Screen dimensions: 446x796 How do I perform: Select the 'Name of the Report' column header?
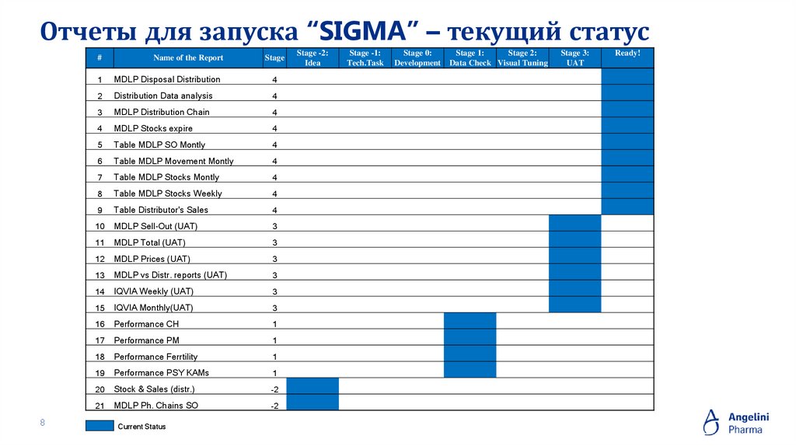(x=188, y=57)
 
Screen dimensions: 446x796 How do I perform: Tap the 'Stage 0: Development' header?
(x=417, y=58)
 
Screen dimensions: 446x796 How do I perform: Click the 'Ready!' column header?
(x=627, y=54)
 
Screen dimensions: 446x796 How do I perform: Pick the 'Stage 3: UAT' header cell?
(x=574, y=58)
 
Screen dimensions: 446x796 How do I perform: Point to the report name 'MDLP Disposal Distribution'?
(x=167, y=79)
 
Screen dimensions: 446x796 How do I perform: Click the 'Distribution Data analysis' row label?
(x=163, y=96)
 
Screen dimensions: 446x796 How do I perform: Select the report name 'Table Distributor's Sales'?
(x=161, y=210)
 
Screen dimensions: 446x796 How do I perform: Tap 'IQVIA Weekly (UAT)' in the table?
(x=154, y=291)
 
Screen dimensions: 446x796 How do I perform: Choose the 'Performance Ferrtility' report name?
(x=155, y=357)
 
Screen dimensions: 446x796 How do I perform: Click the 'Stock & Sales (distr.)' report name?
(x=154, y=389)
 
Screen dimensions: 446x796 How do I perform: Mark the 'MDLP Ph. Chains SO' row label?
(x=155, y=406)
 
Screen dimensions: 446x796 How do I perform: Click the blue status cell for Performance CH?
(x=470, y=321)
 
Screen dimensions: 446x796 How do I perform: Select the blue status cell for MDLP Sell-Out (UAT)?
(x=574, y=224)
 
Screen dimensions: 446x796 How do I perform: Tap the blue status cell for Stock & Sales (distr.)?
(x=312, y=386)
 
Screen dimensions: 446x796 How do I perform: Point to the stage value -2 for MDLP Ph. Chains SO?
(x=274, y=406)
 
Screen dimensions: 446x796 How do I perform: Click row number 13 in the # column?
(x=99, y=276)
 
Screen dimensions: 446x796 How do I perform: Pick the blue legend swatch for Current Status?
(x=99, y=426)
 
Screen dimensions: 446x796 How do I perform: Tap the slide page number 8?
(x=43, y=423)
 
